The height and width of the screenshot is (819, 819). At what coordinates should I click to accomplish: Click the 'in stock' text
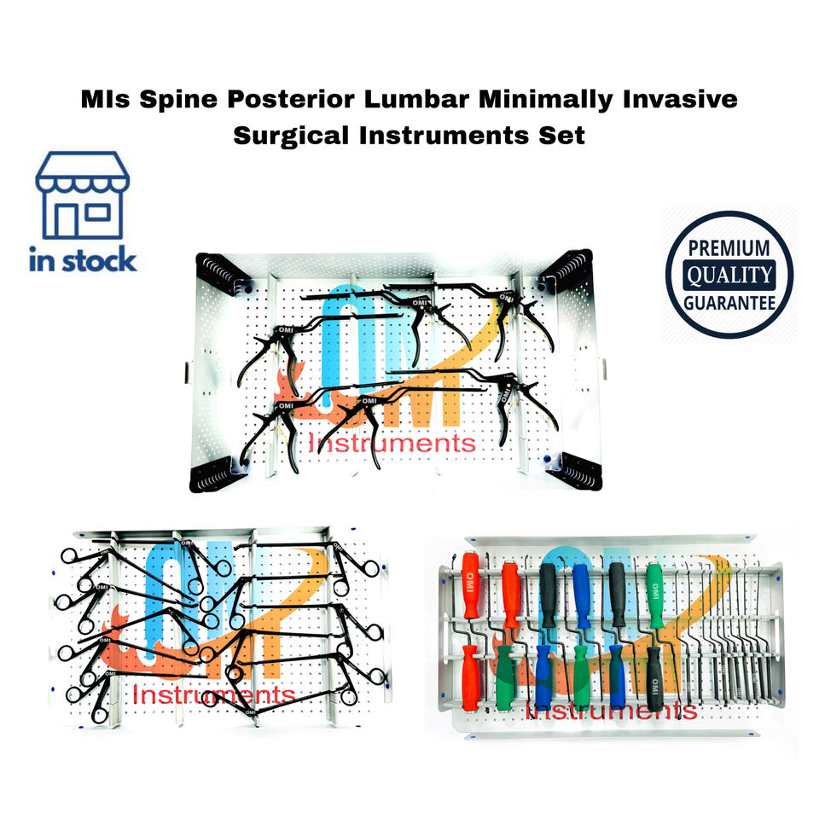[83, 259]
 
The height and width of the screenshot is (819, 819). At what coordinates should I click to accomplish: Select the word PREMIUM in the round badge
[729, 250]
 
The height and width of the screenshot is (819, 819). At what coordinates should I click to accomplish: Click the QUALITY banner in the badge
[729, 275]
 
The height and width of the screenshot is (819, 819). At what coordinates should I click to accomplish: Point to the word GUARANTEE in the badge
[729, 301]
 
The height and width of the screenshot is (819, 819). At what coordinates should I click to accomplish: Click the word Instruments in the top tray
[392, 443]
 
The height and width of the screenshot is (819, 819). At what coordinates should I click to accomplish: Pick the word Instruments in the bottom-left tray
[213, 695]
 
